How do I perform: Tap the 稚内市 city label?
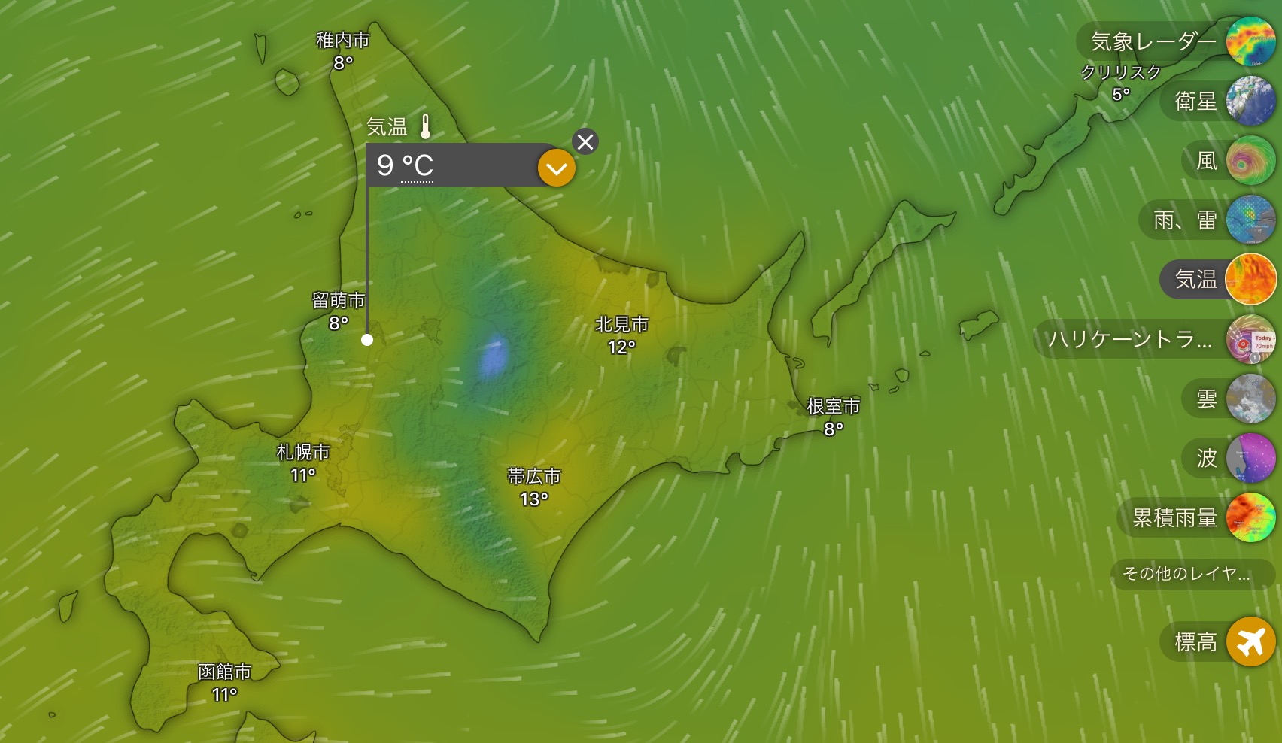point(343,41)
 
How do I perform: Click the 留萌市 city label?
point(339,301)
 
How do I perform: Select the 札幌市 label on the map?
point(303,452)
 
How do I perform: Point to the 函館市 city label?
point(224,672)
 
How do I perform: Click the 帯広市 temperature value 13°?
point(534,499)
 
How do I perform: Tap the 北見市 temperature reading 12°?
point(621,347)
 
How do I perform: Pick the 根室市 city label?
point(833,407)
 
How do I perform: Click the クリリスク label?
point(1120,73)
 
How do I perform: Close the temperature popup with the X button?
point(585,141)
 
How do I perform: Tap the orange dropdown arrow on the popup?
point(557,168)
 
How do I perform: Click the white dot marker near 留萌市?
point(367,340)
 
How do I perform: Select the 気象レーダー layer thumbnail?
point(1250,41)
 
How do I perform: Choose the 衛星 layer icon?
point(1250,101)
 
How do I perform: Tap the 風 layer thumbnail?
point(1250,160)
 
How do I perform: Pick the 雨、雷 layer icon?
point(1250,220)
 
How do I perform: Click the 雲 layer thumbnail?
point(1250,399)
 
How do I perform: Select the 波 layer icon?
point(1250,458)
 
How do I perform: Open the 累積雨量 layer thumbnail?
point(1250,517)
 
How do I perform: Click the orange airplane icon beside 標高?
point(1250,641)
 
